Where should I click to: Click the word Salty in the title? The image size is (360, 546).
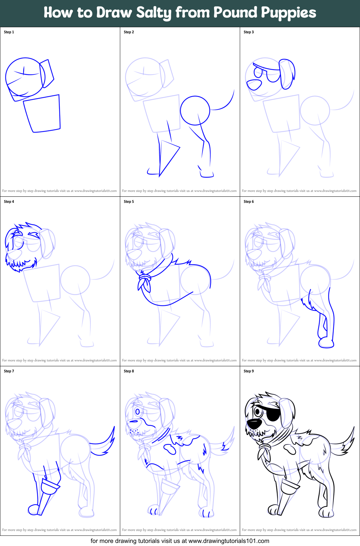(154, 13)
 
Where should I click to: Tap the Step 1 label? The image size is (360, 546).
(9, 32)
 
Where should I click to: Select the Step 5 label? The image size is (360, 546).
(129, 201)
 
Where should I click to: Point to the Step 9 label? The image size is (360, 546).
(249, 371)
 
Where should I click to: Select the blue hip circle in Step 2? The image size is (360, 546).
(195, 110)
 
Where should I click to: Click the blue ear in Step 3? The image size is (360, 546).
(287, 74)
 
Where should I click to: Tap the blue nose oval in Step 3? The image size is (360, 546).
(254, 85)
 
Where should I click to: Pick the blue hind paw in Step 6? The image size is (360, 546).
(326, 344)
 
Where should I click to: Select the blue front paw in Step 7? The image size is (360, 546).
(34, 509)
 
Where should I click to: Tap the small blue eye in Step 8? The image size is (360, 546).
(138, 412)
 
